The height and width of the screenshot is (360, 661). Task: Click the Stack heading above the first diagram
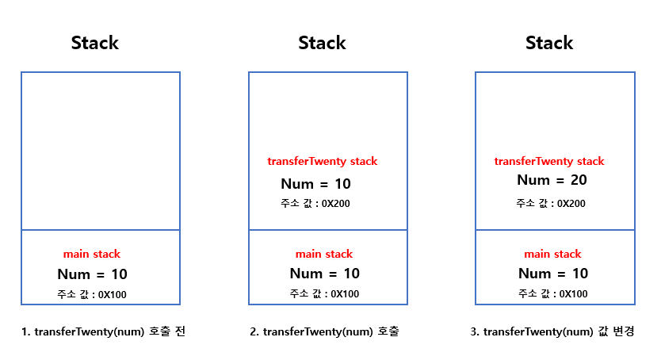click(95, 43)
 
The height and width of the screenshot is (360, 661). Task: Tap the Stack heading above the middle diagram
click(322, 43)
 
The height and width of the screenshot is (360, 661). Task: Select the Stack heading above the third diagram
click(549, 43)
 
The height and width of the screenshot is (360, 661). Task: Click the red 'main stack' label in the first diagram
click(92, 255)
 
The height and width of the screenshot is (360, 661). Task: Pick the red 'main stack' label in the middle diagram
click(324, 255)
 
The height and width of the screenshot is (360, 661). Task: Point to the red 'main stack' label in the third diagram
click(552, 255)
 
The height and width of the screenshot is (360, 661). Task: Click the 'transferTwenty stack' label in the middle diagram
click(323, 162)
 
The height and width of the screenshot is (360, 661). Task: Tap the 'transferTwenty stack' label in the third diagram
click(549, 162)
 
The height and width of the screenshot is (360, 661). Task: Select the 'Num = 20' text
click(552, 181)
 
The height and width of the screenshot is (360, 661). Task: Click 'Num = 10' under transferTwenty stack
click(315, 185)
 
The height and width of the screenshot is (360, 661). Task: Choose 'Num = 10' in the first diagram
click(92, 275)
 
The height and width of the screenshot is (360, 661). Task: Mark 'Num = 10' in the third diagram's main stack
click(553, 274)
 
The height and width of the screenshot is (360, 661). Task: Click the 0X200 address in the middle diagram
click(334, 204)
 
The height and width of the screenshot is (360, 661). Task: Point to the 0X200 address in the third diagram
click(571, 203)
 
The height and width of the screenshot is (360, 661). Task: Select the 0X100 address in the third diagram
click(571, 294)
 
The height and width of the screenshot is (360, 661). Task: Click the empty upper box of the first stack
click(101, 151)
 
